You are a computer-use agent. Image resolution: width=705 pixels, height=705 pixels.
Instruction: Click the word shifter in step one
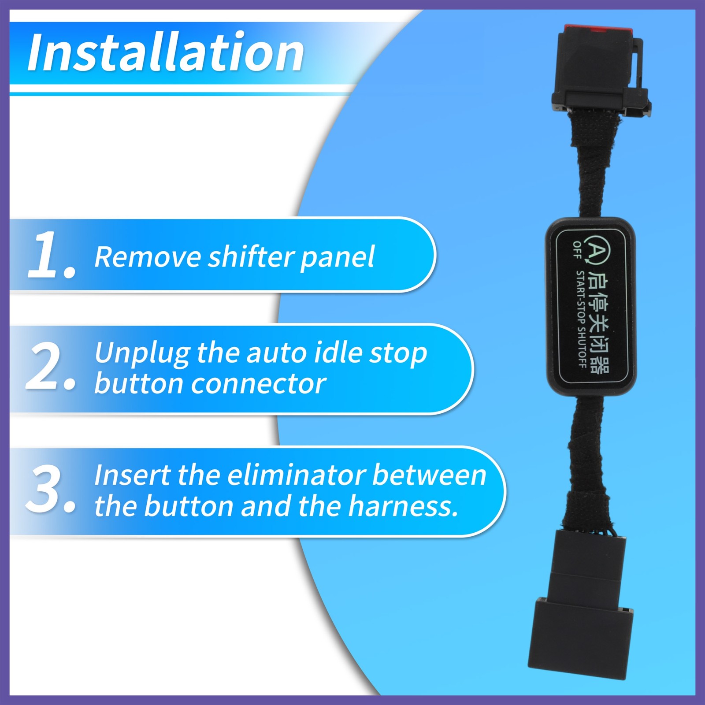251,256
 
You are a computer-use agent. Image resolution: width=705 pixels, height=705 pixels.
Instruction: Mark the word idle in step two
335,353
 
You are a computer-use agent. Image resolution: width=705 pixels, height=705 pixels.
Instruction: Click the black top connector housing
595,70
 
